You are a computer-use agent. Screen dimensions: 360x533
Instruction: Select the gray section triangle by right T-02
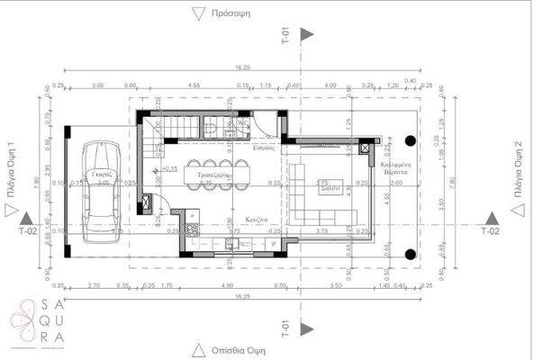(491, 218)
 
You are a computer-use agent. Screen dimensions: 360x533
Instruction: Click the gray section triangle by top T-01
(307, 34)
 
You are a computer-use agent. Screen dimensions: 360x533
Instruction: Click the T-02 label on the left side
(29, 231)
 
